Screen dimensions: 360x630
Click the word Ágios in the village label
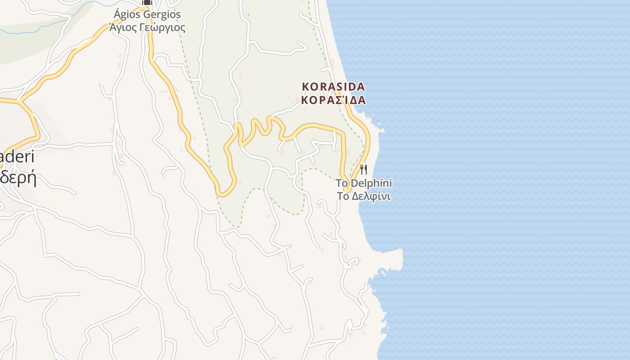(x=127, y=14)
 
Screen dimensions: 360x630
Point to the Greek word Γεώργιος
(x=163, y=28)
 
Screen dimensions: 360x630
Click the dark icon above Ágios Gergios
(x=147, y=2)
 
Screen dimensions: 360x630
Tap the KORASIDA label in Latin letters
(x=333, y=86)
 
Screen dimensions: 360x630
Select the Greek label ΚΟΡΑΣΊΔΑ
(x=333, y=100)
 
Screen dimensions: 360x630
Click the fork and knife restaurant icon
(x=364, y=170)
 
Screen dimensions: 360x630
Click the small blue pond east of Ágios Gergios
(x=248, y=14)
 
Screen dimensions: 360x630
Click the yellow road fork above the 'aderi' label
(x=20, y=101)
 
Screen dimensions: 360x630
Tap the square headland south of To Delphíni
(x=396, y=259)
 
